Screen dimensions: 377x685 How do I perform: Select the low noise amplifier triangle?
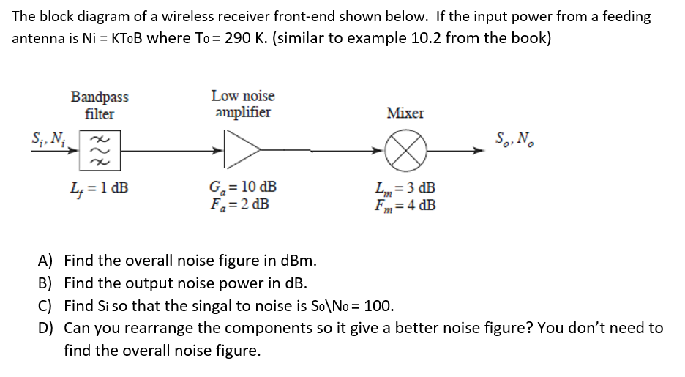[243, 152]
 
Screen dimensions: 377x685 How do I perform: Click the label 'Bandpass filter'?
[100, 105]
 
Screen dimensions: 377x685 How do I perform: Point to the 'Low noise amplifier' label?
[243, 104]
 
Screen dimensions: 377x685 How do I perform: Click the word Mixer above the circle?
[405, 113]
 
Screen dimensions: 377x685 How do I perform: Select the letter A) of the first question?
[46, 261]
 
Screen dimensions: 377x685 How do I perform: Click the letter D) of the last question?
[46, 328]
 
